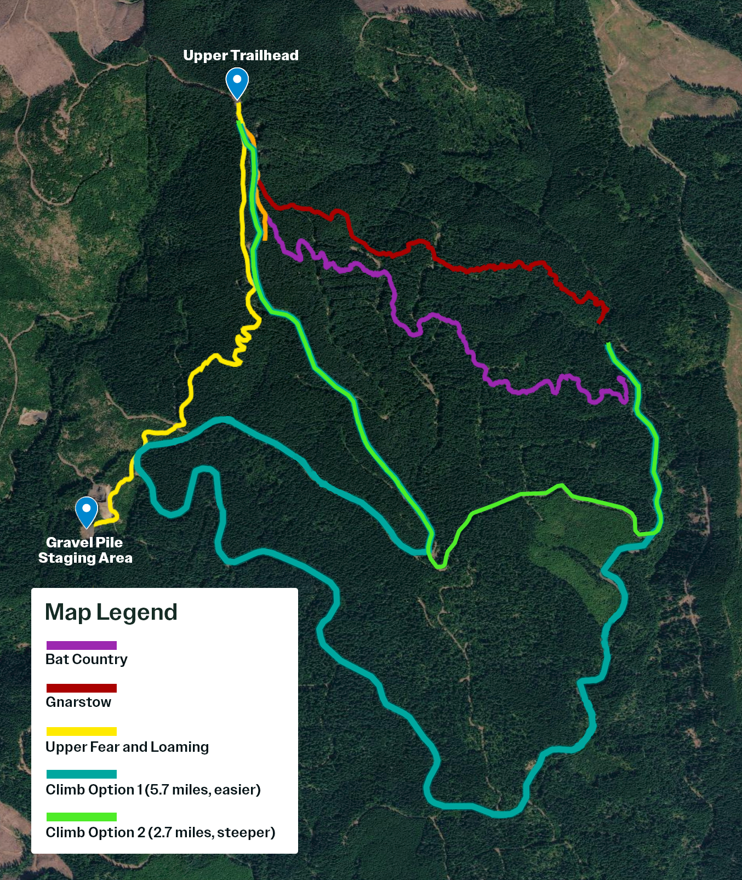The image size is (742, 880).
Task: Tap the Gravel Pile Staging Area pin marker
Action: [x=87, y=511]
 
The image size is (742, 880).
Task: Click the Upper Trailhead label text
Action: [x=241, y=55]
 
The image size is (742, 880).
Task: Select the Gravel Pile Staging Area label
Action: [x=85, y=550]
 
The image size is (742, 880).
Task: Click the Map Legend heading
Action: [x=111, y=612]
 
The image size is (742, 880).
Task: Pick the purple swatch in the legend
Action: [x=82, y=645]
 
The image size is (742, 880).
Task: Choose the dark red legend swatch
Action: [x=82, y=688]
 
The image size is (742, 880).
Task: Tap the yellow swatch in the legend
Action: [x=82, y=732]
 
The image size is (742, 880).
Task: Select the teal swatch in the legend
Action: [x=82, y=774]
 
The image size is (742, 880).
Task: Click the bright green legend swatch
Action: [x=82, y=817]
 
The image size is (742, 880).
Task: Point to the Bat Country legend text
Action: [x=87, y=659]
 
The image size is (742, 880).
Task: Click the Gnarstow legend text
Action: [x=78, y=702]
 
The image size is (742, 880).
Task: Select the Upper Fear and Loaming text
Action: [x=127, y=747]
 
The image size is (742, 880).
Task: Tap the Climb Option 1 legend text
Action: [x=153, y=790]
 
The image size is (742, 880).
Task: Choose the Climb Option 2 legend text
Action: [x=160, y=832]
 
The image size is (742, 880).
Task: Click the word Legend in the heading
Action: [x=137, y=612]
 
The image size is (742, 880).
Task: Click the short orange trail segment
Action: [x=264, y=222]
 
